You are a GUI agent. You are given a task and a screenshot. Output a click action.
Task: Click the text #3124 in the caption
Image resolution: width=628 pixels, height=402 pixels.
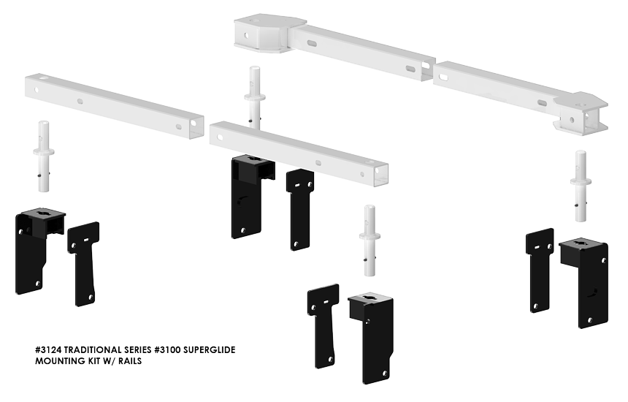pos(50,350)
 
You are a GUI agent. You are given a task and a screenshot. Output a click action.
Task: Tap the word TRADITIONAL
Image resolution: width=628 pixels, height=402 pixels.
pos(100,350)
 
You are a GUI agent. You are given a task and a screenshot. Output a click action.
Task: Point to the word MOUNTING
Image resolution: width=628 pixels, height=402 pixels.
pos(60,361)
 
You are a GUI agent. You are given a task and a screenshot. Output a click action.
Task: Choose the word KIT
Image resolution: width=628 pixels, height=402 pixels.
pos(95,361)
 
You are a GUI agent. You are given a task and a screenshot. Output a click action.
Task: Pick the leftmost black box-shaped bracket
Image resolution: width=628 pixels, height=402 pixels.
pos(37,249)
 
